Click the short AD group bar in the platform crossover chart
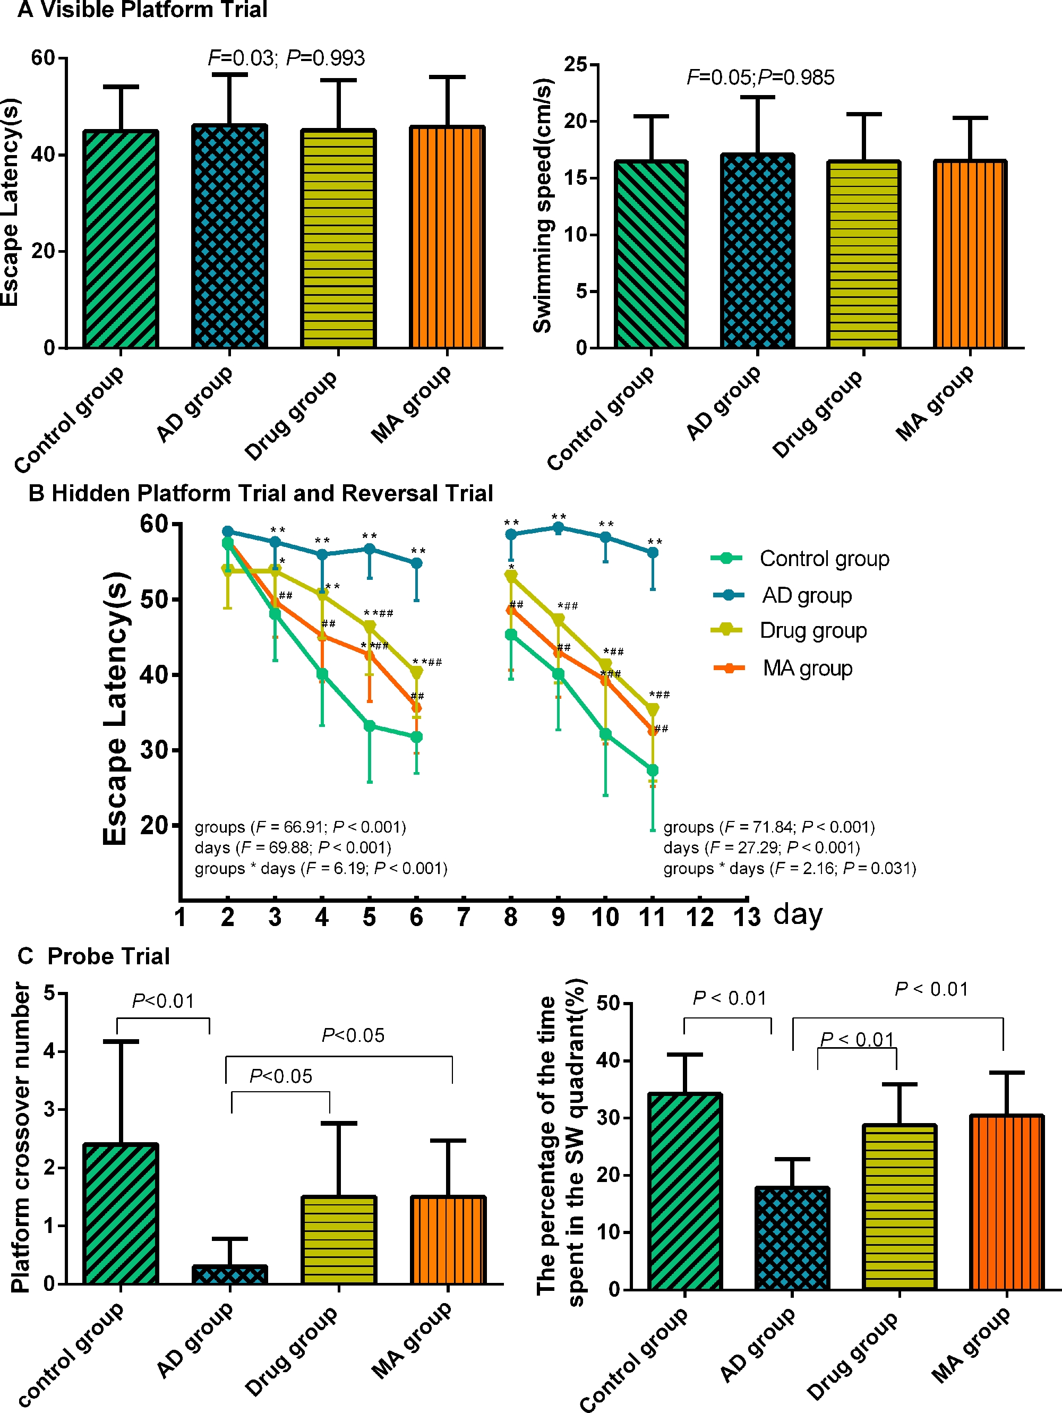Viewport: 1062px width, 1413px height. [230, 1274]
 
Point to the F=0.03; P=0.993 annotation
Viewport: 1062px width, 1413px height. [286, 58]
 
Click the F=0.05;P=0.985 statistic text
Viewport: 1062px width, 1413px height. [760, 78]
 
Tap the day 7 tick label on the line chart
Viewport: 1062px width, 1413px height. [464, 917]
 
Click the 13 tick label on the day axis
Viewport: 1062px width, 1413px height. [747, 917]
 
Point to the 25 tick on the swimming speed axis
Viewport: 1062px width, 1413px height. [576, 65]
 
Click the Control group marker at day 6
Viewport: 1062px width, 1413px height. [416, 737]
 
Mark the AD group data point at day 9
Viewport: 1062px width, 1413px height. [558, 528]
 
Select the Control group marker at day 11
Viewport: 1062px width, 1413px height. [653, 770]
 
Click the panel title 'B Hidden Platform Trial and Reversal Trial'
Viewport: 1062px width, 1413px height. [261, 493]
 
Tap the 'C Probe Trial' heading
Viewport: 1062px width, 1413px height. [94, 956]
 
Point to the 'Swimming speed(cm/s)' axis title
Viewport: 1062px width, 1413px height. [542, 205]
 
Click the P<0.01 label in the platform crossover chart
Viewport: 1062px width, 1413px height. [163, 1001]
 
